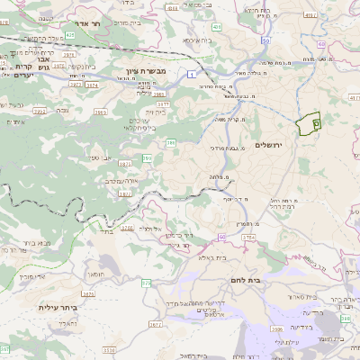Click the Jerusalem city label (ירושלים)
coord(269,144)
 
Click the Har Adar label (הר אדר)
coord(94,25)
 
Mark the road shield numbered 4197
coord(310,14)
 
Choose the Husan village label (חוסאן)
coord(96,270)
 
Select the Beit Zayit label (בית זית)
coord(161,112)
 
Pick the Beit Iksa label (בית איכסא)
coord(198,40)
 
